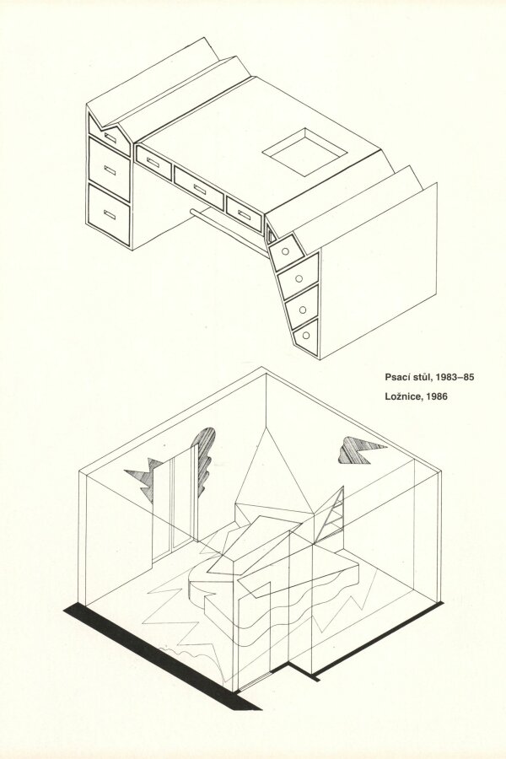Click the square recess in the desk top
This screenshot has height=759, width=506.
(305, 152)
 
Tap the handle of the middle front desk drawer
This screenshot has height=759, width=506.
(200, 188)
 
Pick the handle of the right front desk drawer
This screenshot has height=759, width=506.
(245, 214)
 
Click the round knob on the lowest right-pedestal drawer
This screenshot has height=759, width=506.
(306, 335)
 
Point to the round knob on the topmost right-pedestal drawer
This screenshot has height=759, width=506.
(285, 251)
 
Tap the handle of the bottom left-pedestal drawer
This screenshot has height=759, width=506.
(110, 215)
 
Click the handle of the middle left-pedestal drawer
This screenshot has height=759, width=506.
(110, 170)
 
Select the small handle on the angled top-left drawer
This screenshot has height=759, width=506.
(110, 137)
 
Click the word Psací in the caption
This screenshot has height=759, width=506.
(397, 377)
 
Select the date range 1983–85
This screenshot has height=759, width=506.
(455, 377)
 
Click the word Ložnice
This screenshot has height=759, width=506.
(403, 396)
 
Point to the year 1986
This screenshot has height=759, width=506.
(437, 396)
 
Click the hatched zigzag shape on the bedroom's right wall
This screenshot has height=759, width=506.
(360, 449)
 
